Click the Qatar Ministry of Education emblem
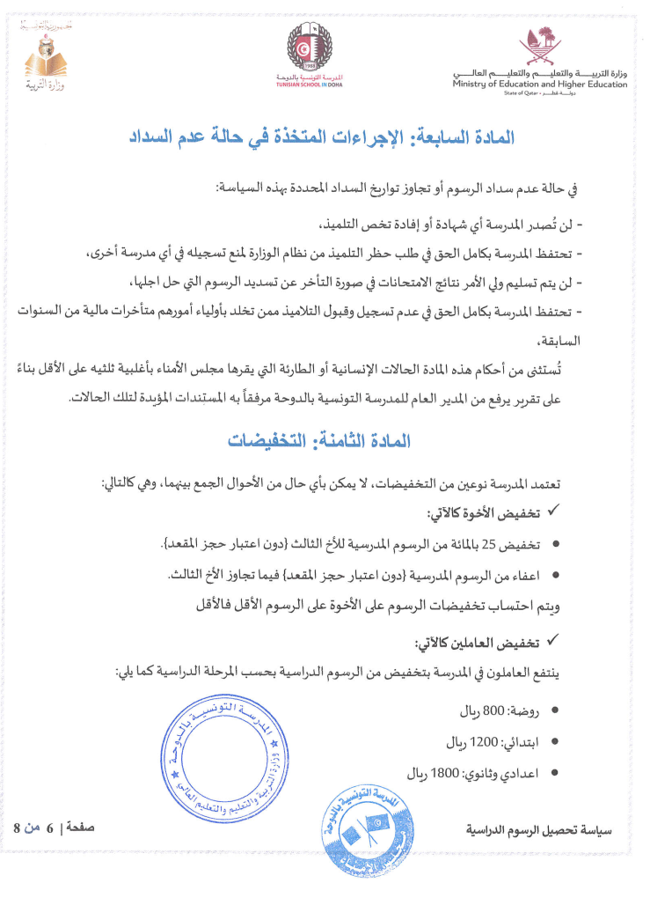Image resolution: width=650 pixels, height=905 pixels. (x=539, y=46)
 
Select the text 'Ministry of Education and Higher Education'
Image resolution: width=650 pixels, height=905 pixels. (x=540, y=85)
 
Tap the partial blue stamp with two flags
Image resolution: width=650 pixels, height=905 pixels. (x=366, y=828)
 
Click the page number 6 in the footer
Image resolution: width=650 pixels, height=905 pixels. (x=50, y=828)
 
